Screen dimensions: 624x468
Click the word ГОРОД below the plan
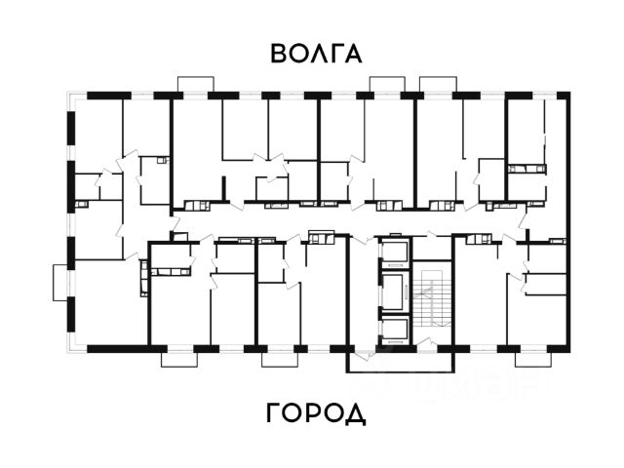[315, 413]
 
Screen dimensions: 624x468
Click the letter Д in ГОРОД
[356, 414]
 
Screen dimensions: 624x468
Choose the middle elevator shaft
[393, 291]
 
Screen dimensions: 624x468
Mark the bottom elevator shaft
[393, 330]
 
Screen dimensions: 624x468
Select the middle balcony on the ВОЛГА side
[387, 84]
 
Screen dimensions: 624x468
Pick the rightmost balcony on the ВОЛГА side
[437, 84]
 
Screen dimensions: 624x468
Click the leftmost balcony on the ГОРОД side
[179, 358]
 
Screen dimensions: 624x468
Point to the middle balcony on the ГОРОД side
[280, 358]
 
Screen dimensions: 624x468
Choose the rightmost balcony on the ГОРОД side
[532, 358]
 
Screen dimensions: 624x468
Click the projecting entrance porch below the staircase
[401, 361]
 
